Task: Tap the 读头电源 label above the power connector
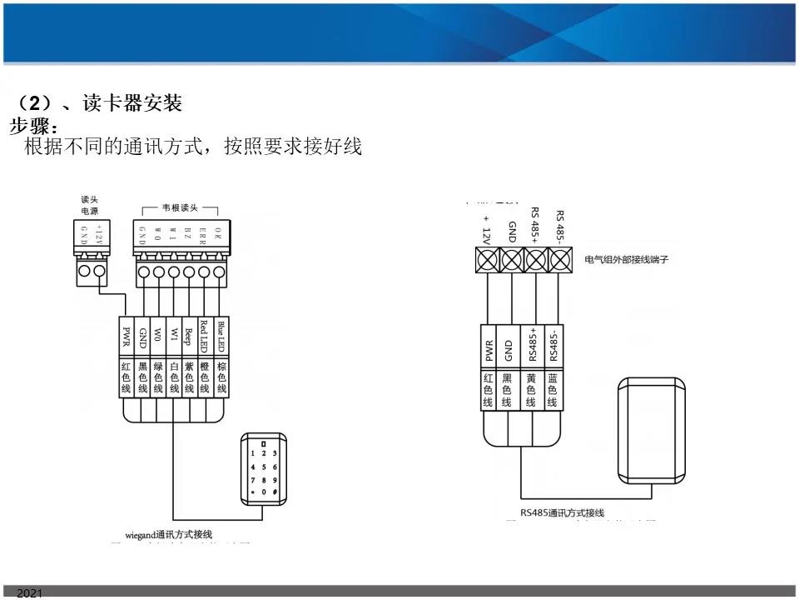90,206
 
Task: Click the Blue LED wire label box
221,337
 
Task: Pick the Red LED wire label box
206,337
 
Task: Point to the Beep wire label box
190,337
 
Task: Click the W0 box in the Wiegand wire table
158,337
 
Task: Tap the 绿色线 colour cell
158,377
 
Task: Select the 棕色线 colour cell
221,377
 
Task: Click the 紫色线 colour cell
190,377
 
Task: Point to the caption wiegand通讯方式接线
169,533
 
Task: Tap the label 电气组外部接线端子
627,259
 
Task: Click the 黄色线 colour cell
531,389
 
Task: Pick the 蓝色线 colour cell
552,389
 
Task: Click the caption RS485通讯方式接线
563,512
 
